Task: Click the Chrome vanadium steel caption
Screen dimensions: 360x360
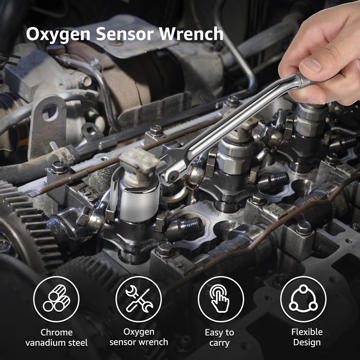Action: coord(56,337)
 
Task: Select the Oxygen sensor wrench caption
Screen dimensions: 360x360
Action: coord(139,337)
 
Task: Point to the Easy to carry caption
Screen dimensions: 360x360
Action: coord(220,337)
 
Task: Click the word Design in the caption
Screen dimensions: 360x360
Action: coord(307,342)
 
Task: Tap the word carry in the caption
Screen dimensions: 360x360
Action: coord(220,343)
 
